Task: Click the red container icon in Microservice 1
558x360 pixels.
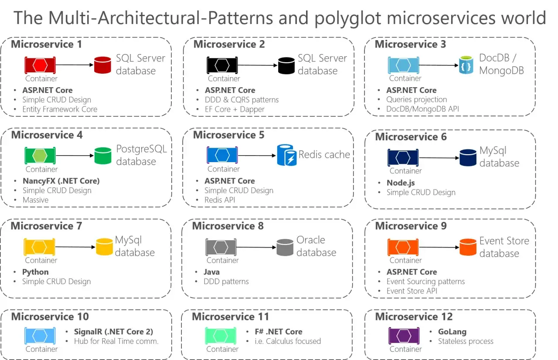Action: click(40, 65)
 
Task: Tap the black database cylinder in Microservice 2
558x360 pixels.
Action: click(286, 66)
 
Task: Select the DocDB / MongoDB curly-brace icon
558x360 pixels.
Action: click(466, 65)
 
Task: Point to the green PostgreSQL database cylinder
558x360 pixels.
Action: click(103, 156)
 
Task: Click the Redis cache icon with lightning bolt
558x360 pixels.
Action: click(287, 155)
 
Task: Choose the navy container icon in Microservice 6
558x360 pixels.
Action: click(403, 158)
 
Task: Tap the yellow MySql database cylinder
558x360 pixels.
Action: click(104, 247)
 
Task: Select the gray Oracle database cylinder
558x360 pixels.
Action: click(285, 248)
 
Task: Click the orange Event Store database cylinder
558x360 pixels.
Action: click(468, 247)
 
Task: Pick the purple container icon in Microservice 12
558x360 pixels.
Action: click(404, 336)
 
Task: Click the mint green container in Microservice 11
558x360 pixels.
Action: click(221, 336)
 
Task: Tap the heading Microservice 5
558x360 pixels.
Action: click(228, 135)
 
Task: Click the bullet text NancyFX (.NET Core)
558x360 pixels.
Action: click(61, 181)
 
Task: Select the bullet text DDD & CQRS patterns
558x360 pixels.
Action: click(242, 100)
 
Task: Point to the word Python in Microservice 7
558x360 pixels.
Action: click(35, 272)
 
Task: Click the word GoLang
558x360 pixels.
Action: click(452, 332)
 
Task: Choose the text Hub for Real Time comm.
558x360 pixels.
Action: click(116, 341)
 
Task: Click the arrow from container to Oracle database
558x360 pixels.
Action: click(256, 247)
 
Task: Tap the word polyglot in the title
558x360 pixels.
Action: click(348, 18)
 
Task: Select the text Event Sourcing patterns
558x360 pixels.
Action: click(425, 282)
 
